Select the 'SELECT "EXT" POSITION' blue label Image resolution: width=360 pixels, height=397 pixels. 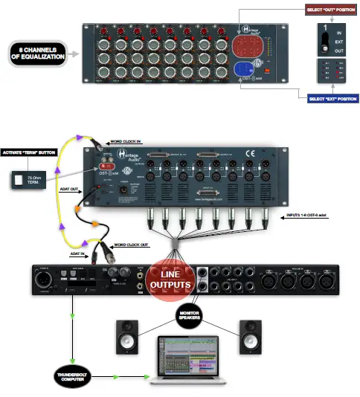pos(330,97)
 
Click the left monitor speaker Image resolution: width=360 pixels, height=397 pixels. pos(126,337)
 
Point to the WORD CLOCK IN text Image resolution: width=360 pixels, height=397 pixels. pos(126,141)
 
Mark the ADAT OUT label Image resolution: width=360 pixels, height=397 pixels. pos(68,189)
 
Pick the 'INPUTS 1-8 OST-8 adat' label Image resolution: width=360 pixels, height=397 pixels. pos(311,217)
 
